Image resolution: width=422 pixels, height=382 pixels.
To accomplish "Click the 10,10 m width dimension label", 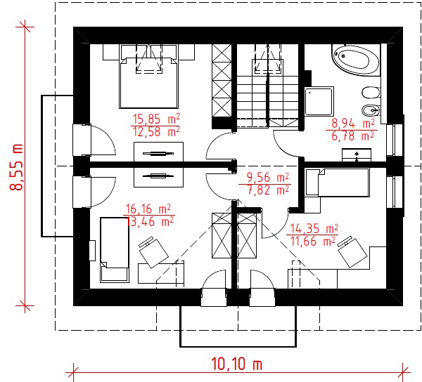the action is coord(236,364).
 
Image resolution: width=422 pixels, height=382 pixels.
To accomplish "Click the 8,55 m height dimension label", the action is coord(17,167).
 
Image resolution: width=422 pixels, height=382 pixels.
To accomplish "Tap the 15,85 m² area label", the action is coord(156,119).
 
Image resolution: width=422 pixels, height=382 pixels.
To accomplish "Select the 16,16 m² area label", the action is coord(148,209).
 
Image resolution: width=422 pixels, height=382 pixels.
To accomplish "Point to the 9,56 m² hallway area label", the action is coord(268,178).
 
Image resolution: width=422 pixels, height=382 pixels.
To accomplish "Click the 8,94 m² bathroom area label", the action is coord(353,124).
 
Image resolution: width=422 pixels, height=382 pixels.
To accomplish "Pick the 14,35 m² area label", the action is coord(314,229).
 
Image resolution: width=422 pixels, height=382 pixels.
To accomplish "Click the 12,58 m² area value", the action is coord(156,132).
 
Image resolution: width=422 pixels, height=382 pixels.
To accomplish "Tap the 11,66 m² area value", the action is coord(314,242).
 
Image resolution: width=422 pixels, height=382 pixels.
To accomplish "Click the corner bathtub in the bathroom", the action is coord(355,59).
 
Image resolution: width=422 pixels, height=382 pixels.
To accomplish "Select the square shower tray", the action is coord(319,101).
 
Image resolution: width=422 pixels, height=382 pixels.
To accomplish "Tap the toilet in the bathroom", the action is coord(371,93).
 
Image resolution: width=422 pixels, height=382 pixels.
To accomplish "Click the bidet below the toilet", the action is coord(371,110).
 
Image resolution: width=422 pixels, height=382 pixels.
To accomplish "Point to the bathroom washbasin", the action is coord(357,155).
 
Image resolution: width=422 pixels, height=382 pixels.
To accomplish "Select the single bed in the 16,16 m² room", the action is coord(114,250).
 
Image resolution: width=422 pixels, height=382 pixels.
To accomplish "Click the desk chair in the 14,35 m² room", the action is coord(352,251).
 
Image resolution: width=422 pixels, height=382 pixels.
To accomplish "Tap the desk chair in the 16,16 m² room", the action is coord(153,252).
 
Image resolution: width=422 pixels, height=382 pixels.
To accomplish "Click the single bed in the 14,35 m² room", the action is coord(338,182).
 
